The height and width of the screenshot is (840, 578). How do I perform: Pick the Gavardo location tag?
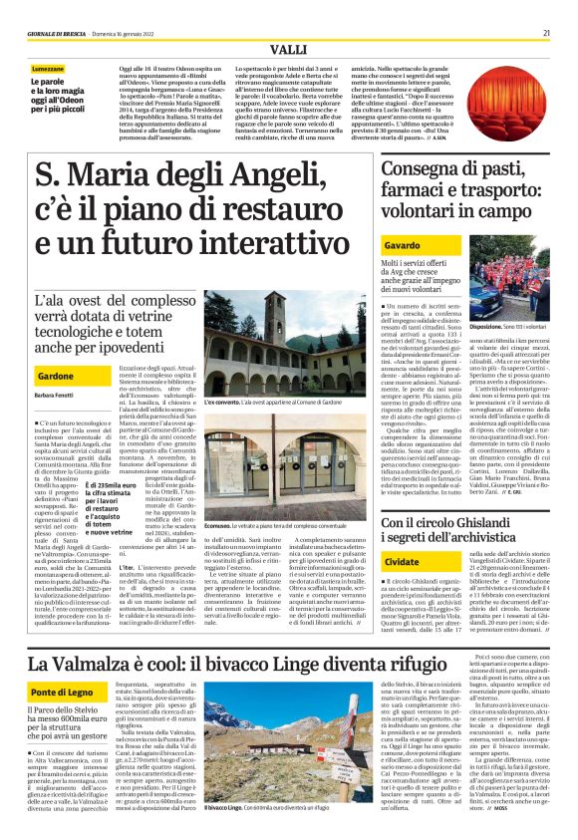coord(404,245)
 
